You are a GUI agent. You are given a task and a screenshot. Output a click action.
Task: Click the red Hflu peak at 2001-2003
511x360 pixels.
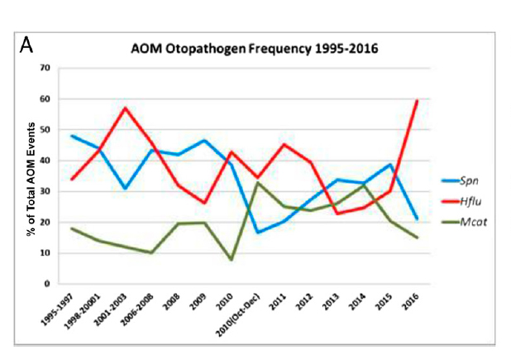pyautogui.click(x=124, y=108)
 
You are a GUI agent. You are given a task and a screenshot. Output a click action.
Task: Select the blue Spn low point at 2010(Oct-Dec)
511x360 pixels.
pyautogui.click(x=259, y=233)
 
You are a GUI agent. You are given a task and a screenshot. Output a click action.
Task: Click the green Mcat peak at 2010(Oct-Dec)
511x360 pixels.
pyautogui.click(x=259, y=182)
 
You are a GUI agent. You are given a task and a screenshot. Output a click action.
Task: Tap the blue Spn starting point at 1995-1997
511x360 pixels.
pyautogui.click(x=72, y=136)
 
